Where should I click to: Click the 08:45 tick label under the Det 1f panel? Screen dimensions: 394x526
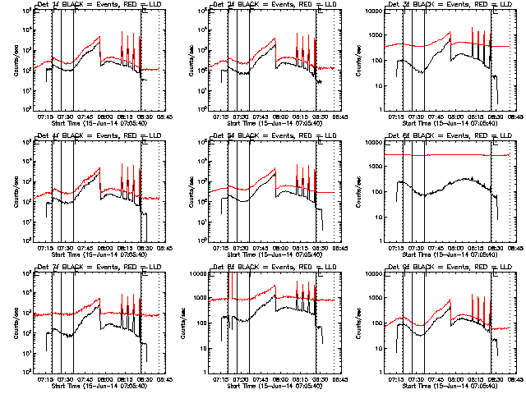pyautogui.click(x=164, y=117)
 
